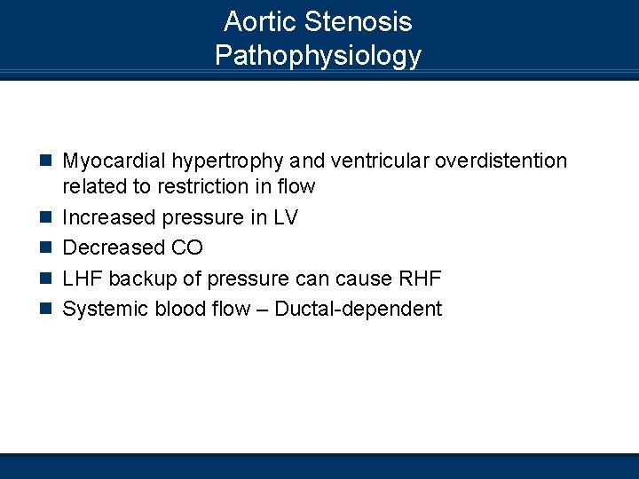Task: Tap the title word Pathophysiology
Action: [318, 55]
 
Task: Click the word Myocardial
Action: [114, 161]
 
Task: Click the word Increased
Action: [108, 217]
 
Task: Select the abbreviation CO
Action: [186, 247]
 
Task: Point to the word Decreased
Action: [114, 247]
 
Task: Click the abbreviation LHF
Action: [83, 279]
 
